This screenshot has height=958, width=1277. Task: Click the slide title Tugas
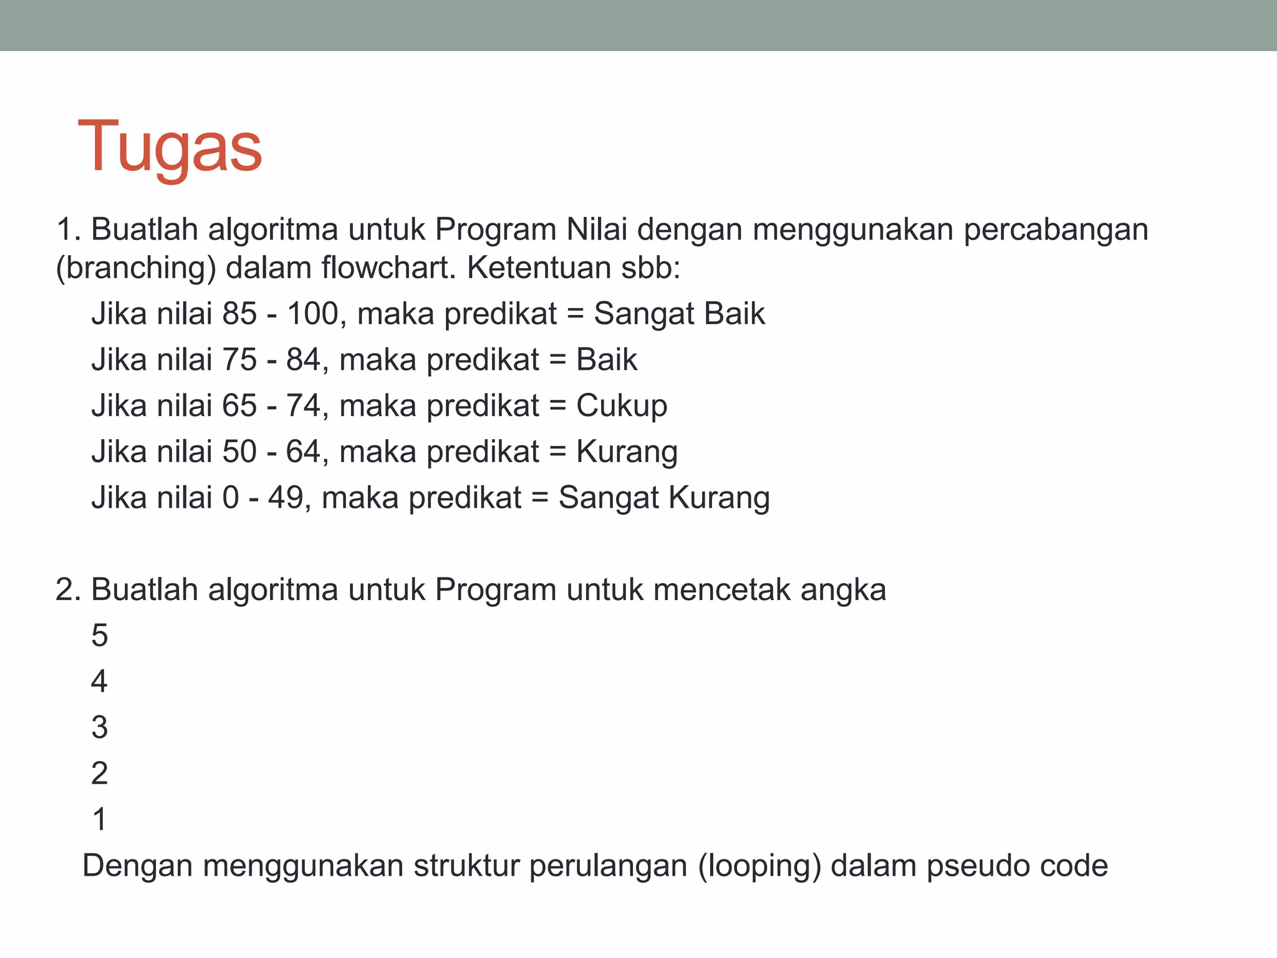pos(170,148)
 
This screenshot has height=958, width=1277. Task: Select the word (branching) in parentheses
pos(136,268)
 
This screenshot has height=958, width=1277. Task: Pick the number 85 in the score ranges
pos(239,314)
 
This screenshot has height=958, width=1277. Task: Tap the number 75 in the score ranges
pos(239,360)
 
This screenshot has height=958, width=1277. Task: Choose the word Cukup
pos(621,407)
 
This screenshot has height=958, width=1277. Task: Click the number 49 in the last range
pos(286,498)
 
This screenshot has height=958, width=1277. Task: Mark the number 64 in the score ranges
pos(303,452)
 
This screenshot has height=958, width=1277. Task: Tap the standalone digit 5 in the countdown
pos(100,636)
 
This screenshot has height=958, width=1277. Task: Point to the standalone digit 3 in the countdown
pos(100,728)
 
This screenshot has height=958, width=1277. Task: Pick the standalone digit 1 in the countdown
pos(100,820)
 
